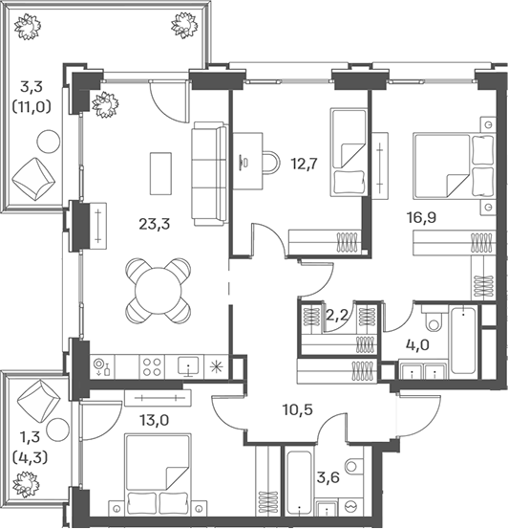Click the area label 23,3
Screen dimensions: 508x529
click(x=155, y=224)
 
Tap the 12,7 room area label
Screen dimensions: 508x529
click(x=304, y=164)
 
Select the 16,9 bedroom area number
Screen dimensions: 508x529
click(x=421, y=217)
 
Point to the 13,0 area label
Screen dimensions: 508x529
click(x=154, y=420)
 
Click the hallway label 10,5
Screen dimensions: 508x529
click(x=298, y=409)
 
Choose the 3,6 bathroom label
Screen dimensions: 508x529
click(x=328, y=477)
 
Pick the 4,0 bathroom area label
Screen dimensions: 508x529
click(x=417, y=345)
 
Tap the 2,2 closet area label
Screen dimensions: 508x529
click(x=337, y=315)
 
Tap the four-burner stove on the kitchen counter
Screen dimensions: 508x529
click(x=152, y=367)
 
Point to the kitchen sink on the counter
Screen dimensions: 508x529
click(x=188, y=366)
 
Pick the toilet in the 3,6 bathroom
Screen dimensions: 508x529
click(x=353, y=467)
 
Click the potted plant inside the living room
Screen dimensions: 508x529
click(x=105, y=105)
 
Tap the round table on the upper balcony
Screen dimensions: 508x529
click(x=49, y=142)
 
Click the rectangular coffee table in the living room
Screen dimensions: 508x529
click(x=160, y=173)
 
